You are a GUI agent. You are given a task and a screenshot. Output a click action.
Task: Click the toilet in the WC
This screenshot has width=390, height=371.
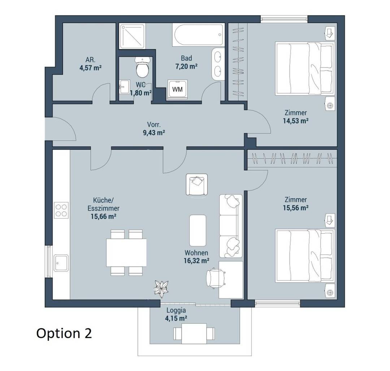pyautogui.click(x=142, y=67)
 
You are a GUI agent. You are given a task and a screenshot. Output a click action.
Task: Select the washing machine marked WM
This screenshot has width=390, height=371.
pyautogui.click(x=177, y=89)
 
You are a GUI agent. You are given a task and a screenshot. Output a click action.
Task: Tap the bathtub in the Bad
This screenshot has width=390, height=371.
pyautogui.click(x=199, y=35)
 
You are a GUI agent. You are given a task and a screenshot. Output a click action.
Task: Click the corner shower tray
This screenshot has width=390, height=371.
pyautogui.click(x=132, y=36)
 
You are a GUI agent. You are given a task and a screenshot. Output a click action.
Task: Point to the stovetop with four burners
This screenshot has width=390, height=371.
pyautogui.click(x=61, y=210)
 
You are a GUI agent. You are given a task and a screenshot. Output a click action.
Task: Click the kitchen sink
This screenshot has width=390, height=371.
pyautogui.click(x=61, y=263)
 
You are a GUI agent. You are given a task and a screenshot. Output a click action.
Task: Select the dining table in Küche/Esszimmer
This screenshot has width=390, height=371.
pyautogui.click(x=126, y=252)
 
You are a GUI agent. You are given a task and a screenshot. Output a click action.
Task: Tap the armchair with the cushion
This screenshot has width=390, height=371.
pyautogui.click(x=197, y=184)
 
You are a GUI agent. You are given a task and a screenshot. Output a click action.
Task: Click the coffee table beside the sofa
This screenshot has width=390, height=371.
pyautogui.click(x=198, y=230)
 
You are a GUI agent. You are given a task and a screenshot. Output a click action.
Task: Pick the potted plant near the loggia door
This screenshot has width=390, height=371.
pyautogui.click(x=161, y=288)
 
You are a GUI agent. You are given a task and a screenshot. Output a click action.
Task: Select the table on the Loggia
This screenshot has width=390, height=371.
pyautogui.click(x=194, y=334)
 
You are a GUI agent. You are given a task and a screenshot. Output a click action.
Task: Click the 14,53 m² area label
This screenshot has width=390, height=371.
pyautogui.click(x=296, y=121)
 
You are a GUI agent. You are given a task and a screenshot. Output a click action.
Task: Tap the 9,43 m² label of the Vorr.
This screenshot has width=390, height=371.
pyautogui.click(x=154, y=133)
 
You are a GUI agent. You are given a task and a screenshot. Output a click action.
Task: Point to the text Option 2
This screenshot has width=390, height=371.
pyautogui.click(x=64, y=334)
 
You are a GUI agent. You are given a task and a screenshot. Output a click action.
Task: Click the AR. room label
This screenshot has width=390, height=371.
pyautogui.click(x=91, y=59)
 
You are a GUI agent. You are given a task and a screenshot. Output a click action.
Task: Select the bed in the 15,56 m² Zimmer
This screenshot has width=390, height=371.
pyautogui.click(x=305, y=256)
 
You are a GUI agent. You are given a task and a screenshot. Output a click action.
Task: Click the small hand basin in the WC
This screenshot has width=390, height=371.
pyautogui.click(x=124, y=87)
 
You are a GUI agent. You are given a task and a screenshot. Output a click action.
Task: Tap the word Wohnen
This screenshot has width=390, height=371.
pyautogui.click(x=196, y=253)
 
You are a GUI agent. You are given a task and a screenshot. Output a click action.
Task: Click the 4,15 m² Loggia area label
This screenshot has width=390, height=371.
pyautogui.click(x=176, y=318)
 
